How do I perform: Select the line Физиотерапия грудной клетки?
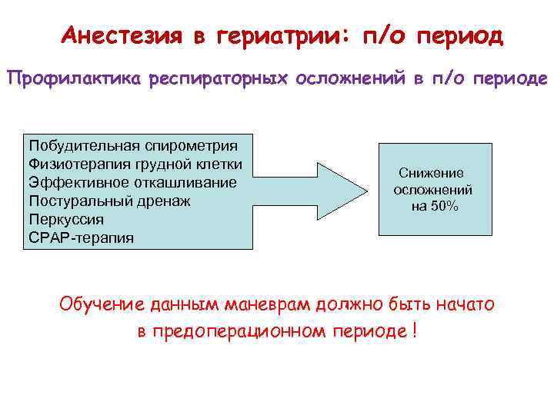135,164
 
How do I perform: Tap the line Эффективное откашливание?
132,183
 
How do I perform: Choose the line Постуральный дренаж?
109,201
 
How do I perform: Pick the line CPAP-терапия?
81,237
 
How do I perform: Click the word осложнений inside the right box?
432,189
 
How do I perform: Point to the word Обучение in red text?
102,304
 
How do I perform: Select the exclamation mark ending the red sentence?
415,332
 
